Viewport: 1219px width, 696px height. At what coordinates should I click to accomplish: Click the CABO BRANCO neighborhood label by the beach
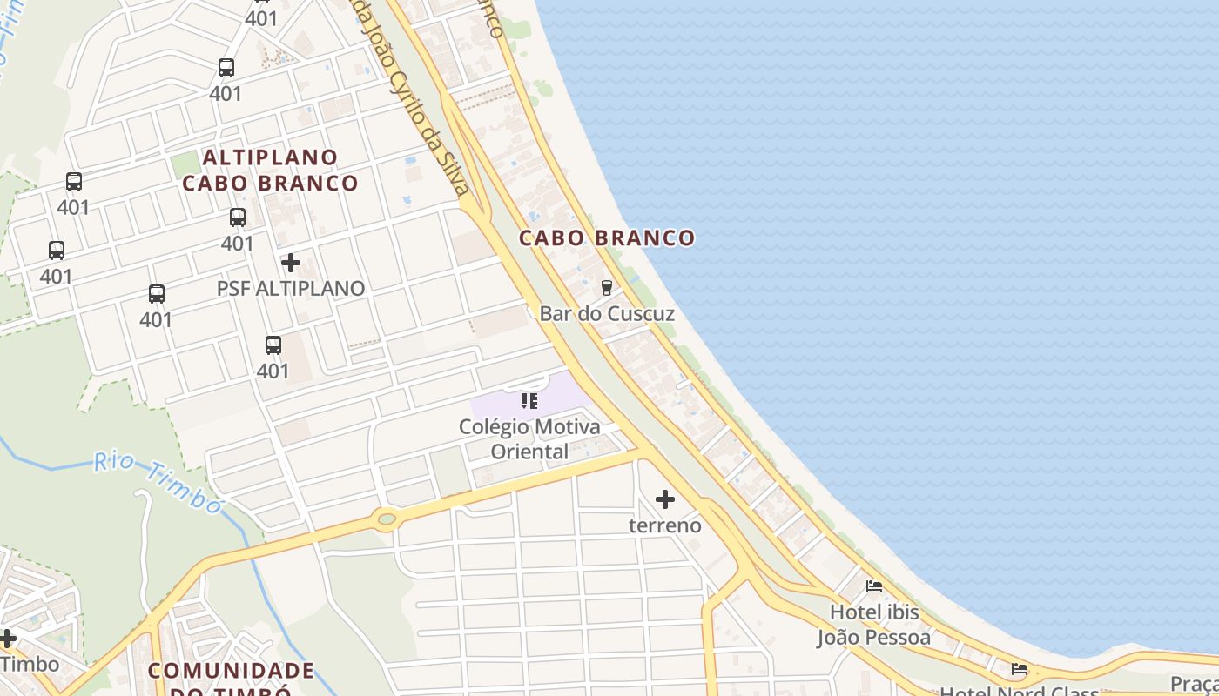(607, 238)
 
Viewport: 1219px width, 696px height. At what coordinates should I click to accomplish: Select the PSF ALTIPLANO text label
(291, 288)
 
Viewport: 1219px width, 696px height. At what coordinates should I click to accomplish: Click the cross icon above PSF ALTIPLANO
(291, 262)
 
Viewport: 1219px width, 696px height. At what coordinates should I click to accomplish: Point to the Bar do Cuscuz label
(607, 313)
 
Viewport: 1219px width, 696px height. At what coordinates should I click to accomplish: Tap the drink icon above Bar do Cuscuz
(607, 287)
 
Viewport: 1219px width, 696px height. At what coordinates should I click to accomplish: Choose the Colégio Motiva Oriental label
(529, 439)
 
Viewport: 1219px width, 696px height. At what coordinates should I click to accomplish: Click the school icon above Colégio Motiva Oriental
(529, 401)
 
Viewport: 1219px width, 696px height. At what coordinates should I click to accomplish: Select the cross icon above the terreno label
(665, 499)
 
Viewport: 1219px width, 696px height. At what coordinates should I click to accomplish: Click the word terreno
(665, 525)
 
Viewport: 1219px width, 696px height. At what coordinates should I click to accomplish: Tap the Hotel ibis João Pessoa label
(873, 625)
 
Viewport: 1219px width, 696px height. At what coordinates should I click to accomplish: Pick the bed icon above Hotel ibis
(874, 586)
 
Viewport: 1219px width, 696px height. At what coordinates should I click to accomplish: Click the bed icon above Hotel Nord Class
(1019, 669)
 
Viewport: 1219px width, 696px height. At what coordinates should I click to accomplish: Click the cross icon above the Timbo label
(8, 639)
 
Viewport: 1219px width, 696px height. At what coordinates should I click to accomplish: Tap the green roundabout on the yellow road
(386, 519)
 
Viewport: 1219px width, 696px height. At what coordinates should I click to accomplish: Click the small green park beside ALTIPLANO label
(185, 164)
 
